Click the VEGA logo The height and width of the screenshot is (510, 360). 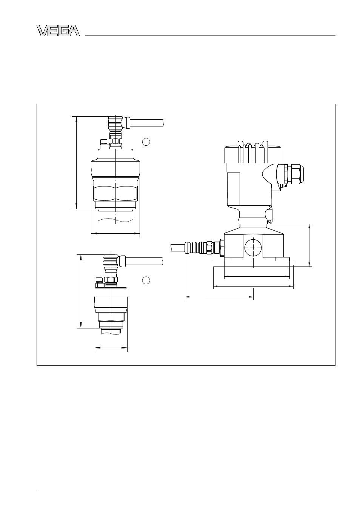point(58,31)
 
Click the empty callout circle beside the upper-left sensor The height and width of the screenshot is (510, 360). point(146,142)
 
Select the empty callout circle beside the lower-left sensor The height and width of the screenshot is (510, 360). point(146,280)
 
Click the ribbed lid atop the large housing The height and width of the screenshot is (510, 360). point(252,152)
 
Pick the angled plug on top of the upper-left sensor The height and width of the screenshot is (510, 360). point(118,123)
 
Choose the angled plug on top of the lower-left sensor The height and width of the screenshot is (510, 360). point(114,261)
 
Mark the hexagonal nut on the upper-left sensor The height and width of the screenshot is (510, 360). point(115,193)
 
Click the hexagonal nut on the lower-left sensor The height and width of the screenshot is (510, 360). point(111,317)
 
